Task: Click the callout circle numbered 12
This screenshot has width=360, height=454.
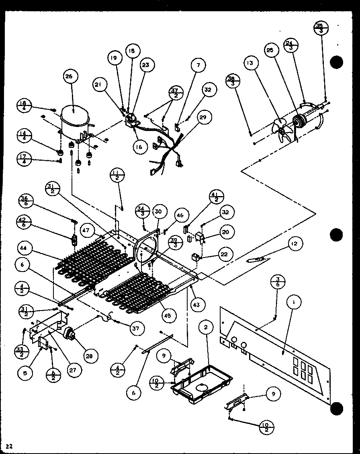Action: [x=296, y=244]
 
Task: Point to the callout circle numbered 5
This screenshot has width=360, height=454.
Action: [x=25, y=373]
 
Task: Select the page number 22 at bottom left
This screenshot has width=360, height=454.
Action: [x=9, y=446]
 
